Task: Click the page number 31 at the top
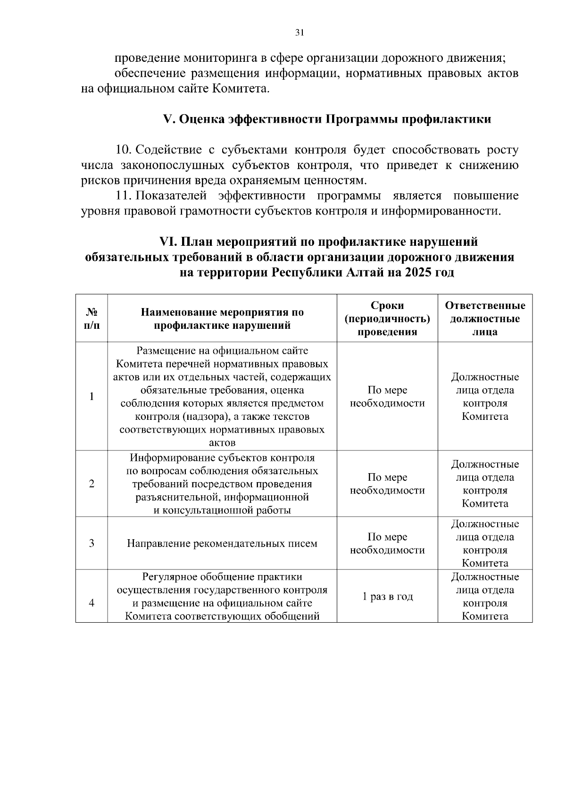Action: point(300,33)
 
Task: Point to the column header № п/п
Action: point(92,318)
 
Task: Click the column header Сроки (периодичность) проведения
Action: point(387,318)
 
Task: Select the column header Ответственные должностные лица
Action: point(485,318)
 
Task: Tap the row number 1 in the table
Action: point(92,396)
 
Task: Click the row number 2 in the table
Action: point(92,484)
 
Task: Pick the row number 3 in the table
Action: point(92,543)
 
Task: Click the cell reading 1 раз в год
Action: point(387,596)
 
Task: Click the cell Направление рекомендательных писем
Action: point(222,543)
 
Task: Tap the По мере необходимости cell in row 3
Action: point(387,543)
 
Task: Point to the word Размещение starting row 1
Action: point(164,351)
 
